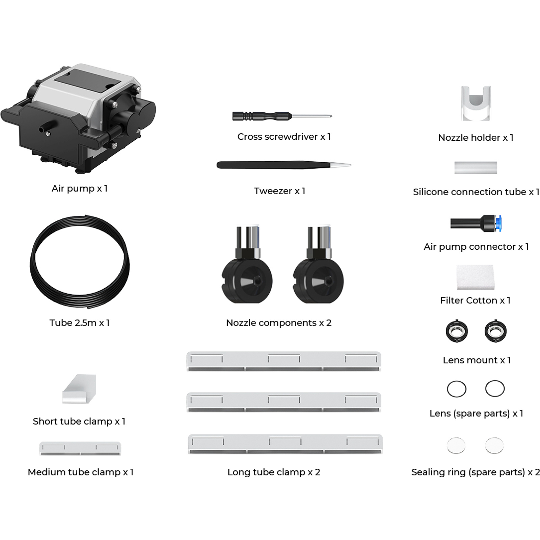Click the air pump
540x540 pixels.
point(78,118)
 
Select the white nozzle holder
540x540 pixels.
point(476,103)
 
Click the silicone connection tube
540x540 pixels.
point(476,168)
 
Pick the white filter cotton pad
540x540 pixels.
point(475,277)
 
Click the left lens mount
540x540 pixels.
point(457,331)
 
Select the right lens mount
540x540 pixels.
point(495,331)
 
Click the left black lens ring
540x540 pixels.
point(457,389)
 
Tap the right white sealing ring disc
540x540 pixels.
point(494,446)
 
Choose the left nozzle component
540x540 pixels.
point(247,265)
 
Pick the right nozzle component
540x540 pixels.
point(318,265)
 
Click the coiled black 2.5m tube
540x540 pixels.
point(80,261)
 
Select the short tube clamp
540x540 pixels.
point(79,389)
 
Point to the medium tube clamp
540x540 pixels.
point(80,449)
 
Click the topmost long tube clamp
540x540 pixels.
point(284,361)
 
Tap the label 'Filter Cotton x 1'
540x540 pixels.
point(475,300)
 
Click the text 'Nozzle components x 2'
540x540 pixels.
point(279,323)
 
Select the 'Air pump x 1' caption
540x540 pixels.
point(80,188)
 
